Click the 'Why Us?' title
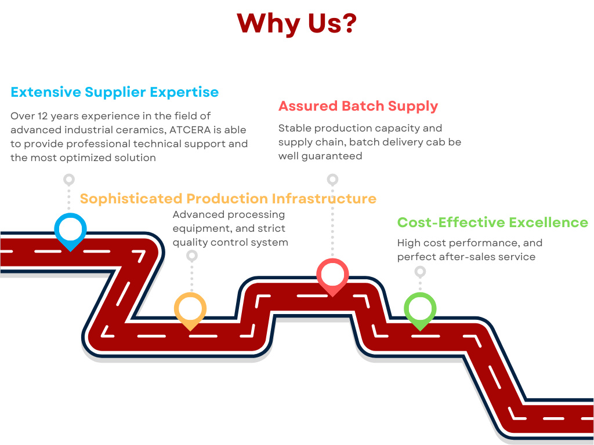pyautogui.click(x=296, y=23)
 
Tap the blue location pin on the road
pyautogui.click(x=70, y=230)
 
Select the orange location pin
pyautogui.click(x=190, y=309)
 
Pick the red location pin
pyautogui.click(x=332, y=276)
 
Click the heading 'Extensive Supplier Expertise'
pyautogui.click(x=115, y=92)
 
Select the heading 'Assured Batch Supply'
pyautogui.click(x=358, y=107)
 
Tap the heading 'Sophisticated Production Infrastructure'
pyautogui.click(x=228, y=199)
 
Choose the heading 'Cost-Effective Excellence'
pyautogui.click(x=492, y=222)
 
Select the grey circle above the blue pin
pyautogui.click(x=69, y=179)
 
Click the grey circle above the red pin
pyautogui.click(x=332, y=179)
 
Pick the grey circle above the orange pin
pyautogui.click(x=192, y=256)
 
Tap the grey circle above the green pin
pyautogui.click(x=421, y=271)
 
